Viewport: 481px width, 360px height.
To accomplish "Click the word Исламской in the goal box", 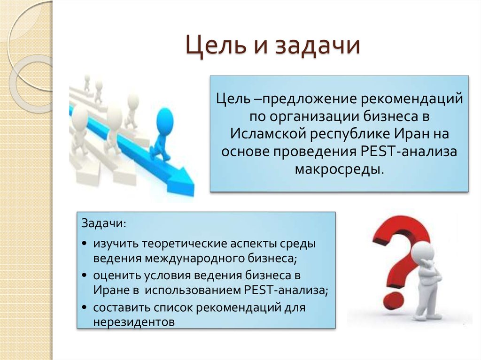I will [267, 133].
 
